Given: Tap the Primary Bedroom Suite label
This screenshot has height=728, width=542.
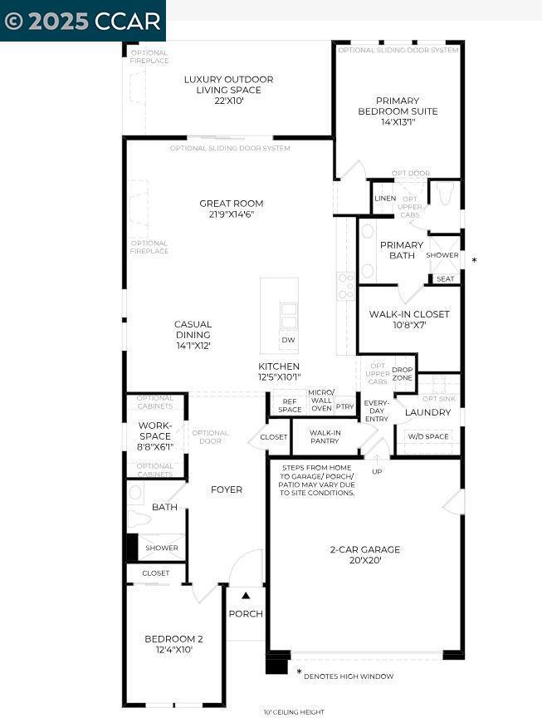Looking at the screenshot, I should [x=398, y=111].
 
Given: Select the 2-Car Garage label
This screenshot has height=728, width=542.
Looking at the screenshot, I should [x=365, y=554].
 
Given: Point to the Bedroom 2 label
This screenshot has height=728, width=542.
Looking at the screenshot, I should [x=173, y=644].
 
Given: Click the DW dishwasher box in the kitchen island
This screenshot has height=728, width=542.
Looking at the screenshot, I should [x=288, y=340].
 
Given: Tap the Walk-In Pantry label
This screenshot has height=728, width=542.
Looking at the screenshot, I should [x=325, y=436].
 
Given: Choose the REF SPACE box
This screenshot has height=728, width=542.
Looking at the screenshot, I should [x=290, y=405].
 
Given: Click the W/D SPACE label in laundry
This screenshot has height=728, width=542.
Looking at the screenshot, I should [x=427, y=436].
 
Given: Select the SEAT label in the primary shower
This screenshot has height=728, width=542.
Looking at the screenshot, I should [x=446, y=279].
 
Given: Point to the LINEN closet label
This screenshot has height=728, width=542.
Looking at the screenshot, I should [x=385, y=199].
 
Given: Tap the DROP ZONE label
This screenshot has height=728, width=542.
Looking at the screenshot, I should [x=403, y=374].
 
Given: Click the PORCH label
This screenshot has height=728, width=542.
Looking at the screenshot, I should [x=246, y=614].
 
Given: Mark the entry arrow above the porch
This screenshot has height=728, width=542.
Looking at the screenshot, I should [x=246, y=594].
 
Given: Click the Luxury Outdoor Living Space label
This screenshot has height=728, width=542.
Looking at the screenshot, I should [x=228, y=90].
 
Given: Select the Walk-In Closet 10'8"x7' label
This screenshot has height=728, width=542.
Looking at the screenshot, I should [x=409, y=320].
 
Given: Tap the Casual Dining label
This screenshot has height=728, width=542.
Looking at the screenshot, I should [x=193, y=334].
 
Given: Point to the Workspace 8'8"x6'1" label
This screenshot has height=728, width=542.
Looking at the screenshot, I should [x=155, y=435].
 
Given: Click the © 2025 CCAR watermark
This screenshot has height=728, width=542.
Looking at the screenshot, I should [x=82, y=21].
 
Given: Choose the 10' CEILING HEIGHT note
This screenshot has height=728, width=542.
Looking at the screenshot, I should [x=294, y=712].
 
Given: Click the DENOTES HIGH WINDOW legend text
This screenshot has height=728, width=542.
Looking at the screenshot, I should [x=349, y=676].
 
